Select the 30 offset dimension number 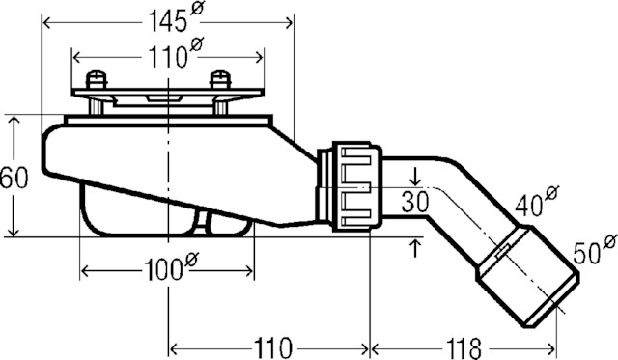(415, 202)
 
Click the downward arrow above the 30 (415, 177)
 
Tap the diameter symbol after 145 (199, 9)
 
